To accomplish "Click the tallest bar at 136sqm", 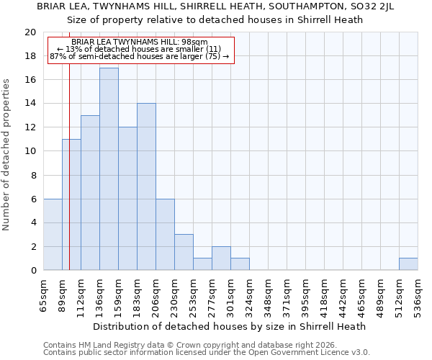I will (x=109, y=169).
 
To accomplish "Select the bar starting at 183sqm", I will (x=146, y=186).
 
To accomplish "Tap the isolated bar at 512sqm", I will (x=408, y=264).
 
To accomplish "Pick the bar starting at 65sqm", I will (x=53, y=235).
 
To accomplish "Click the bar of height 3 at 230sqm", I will (x=184, y=252).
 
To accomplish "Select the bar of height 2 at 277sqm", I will (x=221, y=258).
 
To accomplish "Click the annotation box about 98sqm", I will (x=140, y=50).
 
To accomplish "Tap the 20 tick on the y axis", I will (x=30, y=32).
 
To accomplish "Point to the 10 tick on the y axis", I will (x=30, y=151).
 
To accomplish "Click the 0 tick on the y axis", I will (x=33, y=270).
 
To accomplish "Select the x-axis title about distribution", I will (x=230, y=326).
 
